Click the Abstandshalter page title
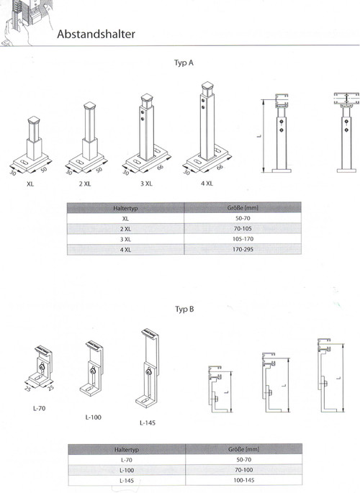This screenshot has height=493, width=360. coord(96,34)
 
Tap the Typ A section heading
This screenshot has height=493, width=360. coord(184,63)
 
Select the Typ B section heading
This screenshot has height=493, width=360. coord(184,309)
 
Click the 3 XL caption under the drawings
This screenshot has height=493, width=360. coord(146,184)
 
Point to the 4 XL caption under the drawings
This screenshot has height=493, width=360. coord(207,184)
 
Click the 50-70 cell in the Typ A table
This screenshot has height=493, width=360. coord(243,218)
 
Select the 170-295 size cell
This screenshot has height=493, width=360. coord(243,249)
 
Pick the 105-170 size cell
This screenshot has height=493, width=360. coord(243,239)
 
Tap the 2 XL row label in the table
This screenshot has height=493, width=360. coord(125,229)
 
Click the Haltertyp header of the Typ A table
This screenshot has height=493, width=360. coord(125,208)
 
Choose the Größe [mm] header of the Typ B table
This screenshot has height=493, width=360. coord(243,449)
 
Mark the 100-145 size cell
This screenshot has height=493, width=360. coord(243,481)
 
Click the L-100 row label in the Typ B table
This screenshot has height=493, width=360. coord(127,471)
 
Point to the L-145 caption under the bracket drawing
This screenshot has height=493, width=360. coord(148,423)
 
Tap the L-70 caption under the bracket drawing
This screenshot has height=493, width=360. coord(40,408)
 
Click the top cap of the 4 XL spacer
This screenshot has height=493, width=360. coord(208,86)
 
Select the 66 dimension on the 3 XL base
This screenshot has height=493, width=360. coord(161,167)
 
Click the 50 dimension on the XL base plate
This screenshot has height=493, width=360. coord(44,169)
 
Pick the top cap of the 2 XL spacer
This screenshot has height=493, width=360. coord(89,105)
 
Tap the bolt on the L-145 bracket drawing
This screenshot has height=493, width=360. coord(148,373)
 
